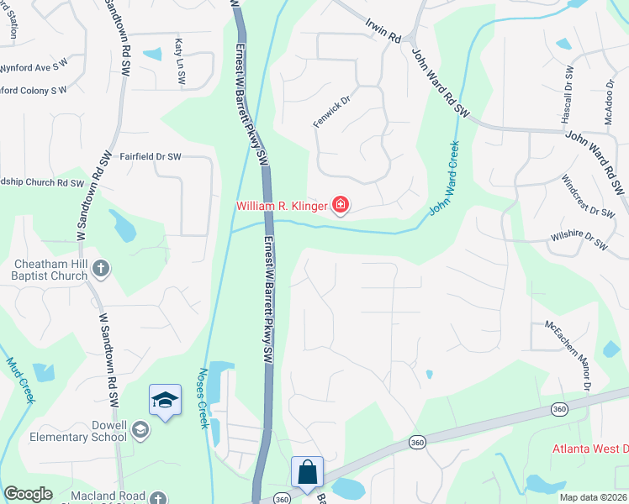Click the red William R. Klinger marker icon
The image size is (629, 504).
tap(341, 206)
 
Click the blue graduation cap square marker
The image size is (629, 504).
tap(165, 400)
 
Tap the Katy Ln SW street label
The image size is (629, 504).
tap(179, 60)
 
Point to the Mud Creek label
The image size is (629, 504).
tap(19, 381)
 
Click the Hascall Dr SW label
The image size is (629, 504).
tap(567, 94)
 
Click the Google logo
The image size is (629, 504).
tap(29, 494)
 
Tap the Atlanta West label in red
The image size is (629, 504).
tap(589, 448)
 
